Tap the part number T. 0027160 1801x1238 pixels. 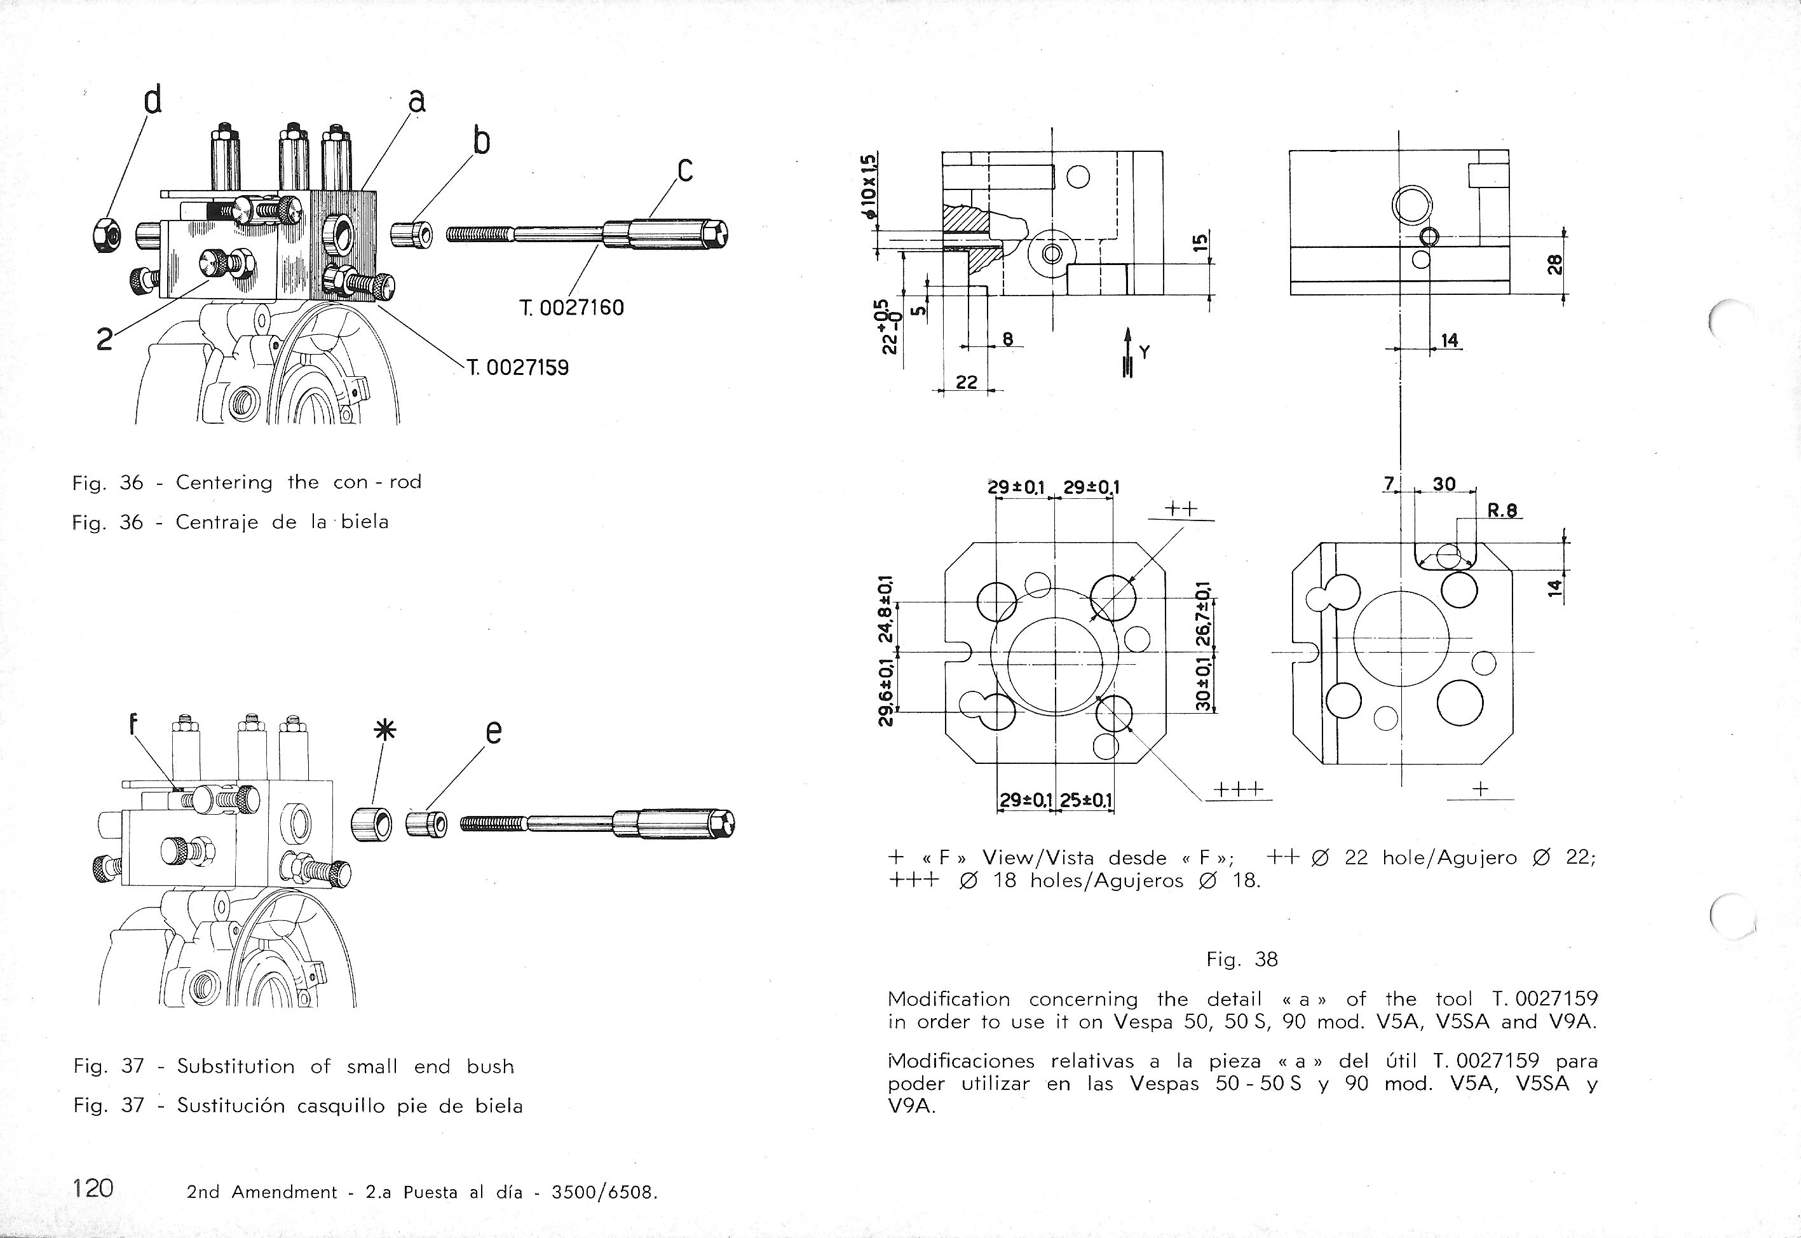tap(572, 308)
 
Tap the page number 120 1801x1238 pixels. tap(93, 1188)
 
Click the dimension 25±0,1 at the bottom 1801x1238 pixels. tap(1086, 799)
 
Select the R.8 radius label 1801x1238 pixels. tap(1503, 510)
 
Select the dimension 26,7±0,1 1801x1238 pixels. tap(1202, 615)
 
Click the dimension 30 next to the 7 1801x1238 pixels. tap(1443, 485)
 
